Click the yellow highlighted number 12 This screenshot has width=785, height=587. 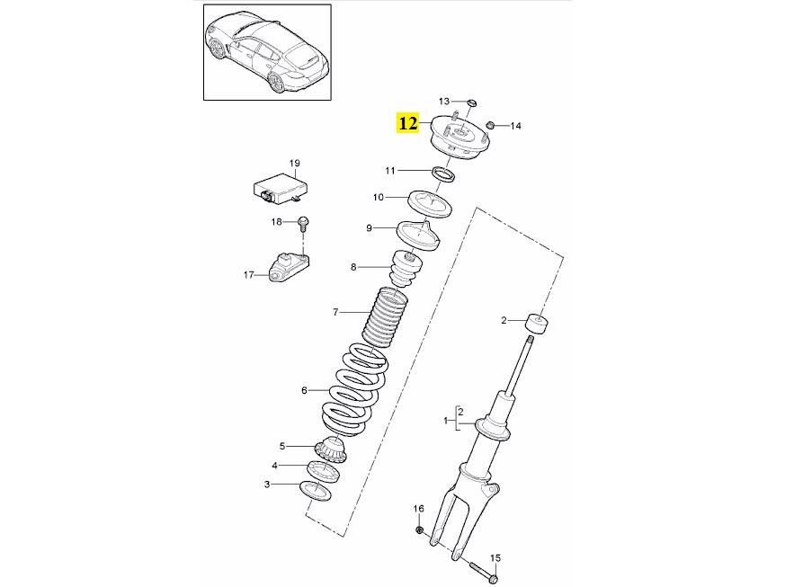[x=408, y=122]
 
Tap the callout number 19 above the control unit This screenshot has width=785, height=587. [x=294, y=163]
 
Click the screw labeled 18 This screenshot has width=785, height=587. [x=302, y=223]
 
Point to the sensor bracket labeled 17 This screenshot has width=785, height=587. [x=289, y=268]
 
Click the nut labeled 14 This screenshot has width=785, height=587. [x=491, y=124]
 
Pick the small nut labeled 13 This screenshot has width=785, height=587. [x=471, y=103]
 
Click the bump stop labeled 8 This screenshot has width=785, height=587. [x=407, y=270]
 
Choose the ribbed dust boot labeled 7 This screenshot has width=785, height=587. [x=385, y=316]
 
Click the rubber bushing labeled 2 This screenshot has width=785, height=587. [x=536, y=322]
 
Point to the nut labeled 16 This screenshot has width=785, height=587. [x=420, y=529]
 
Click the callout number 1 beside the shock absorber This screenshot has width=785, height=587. [x=446, y=421]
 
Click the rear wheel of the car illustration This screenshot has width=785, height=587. [x=277, y=82]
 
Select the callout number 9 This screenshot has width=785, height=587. [x=369, y=228]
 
